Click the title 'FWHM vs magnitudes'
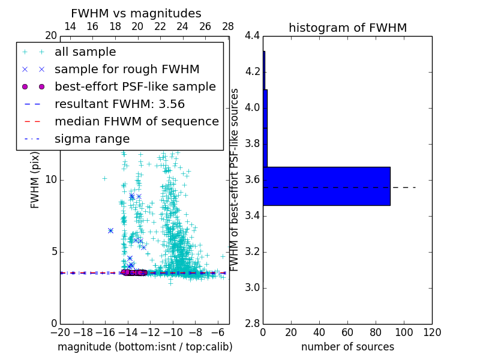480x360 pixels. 136,14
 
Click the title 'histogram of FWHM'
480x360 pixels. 347,28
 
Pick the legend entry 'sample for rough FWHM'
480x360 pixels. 127,69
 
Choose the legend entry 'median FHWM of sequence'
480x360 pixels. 136,121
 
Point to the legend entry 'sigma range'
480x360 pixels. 92,139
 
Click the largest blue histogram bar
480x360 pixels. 326,186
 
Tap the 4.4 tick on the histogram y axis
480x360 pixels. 253,36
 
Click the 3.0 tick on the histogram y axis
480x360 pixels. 253,288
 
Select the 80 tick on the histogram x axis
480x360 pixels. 376,332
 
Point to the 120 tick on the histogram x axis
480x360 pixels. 432,332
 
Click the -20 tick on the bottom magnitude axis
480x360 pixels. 60,332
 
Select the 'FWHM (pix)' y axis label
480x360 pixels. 35,180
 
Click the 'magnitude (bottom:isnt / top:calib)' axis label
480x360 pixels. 145,347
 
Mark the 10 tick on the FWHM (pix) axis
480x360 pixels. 52,180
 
